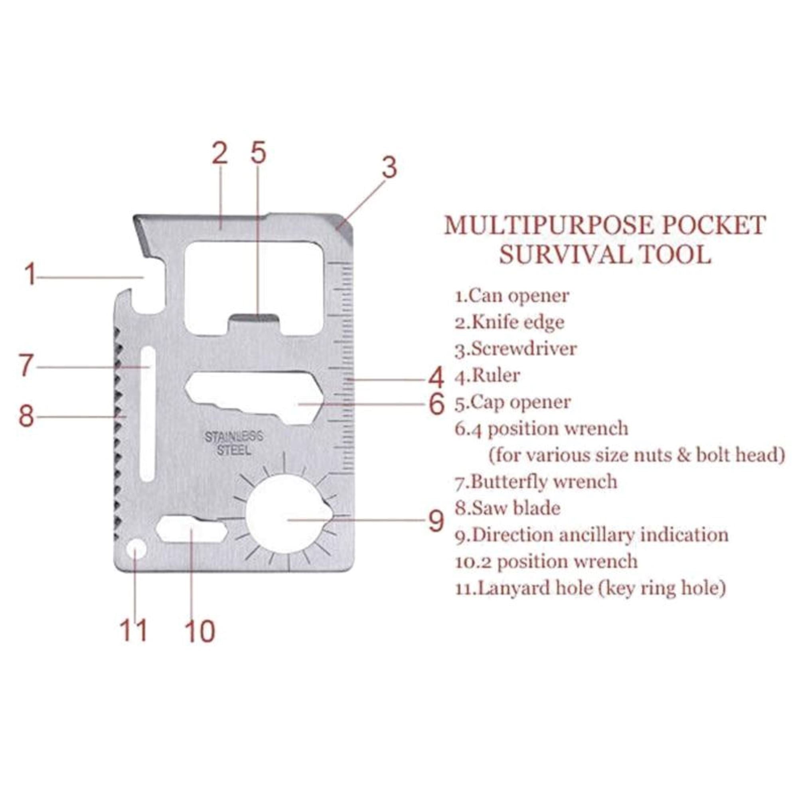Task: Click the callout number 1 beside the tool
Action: (x=30, y=275)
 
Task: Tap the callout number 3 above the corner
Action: (x=389, y=167)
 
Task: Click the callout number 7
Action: (x=26, y=365)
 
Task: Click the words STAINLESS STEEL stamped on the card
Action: (x=234, y=443)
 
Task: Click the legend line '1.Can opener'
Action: (x=512, y=296)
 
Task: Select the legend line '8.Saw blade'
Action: (x=508, y=508)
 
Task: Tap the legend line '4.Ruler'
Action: (x=488, y=375)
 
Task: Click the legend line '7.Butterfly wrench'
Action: (x=536, y=482)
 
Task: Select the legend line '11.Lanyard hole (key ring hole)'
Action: (x=590, y=588)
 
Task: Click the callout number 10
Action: (x=200, y=631)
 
